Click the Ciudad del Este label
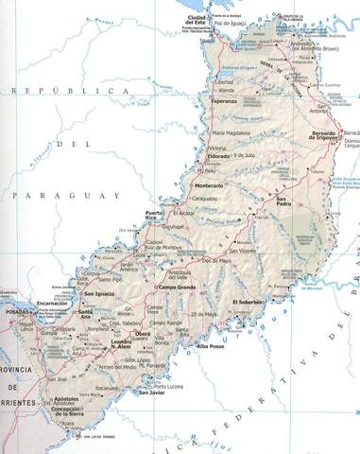click(x=197, y=22)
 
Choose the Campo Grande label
click(x=177, y=287)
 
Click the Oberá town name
click(x=141, y=334)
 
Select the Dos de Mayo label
click(x=216, y=259)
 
